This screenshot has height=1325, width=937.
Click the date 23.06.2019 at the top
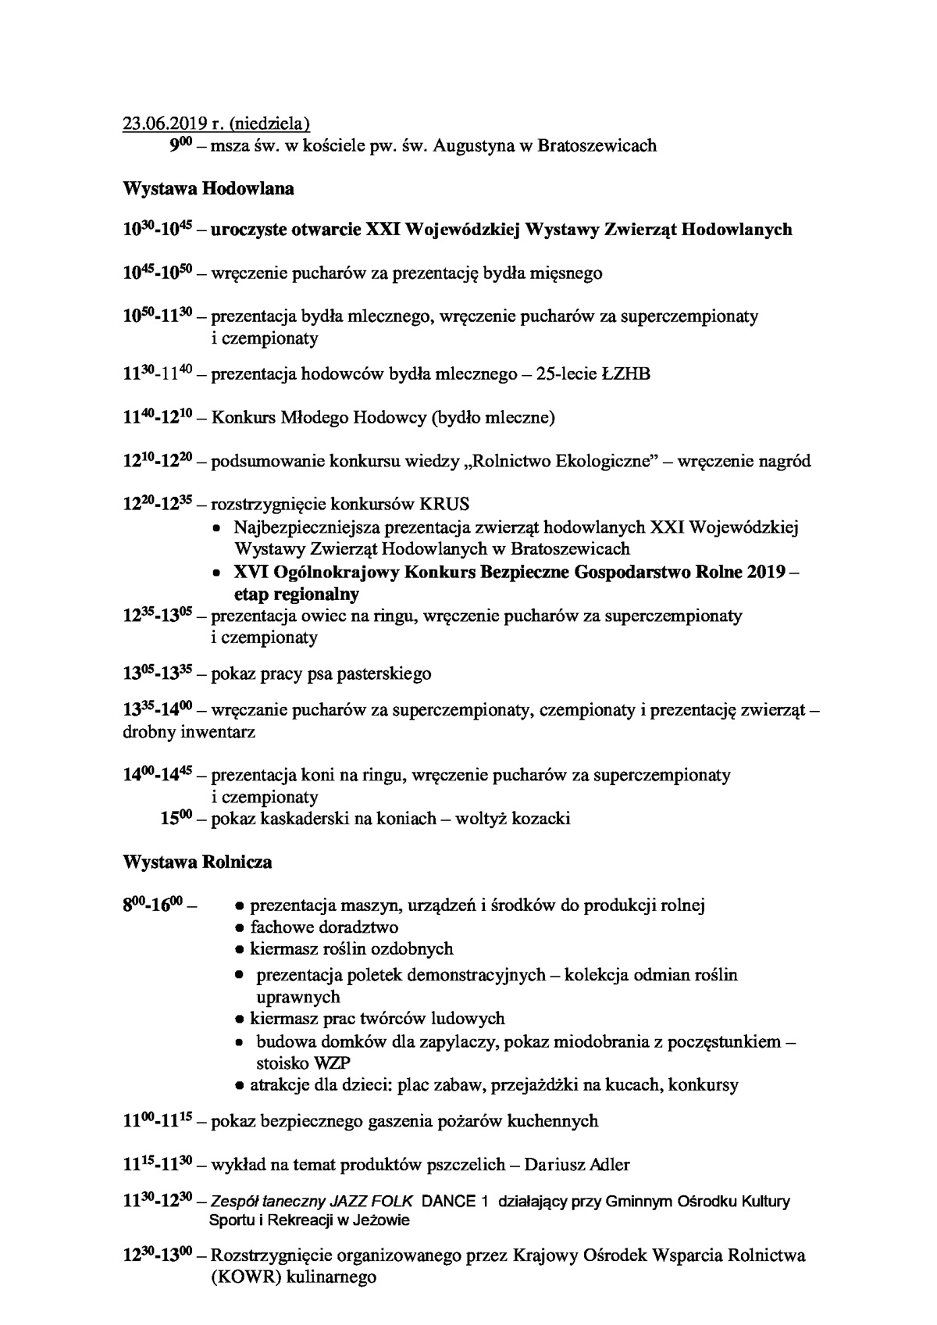tap(165, 123)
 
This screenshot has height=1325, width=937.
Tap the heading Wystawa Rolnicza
tap(198, 862)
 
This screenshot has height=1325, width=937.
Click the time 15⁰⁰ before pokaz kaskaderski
tap(176, 819)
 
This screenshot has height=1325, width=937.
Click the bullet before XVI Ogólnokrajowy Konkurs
tap(219, 573)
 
